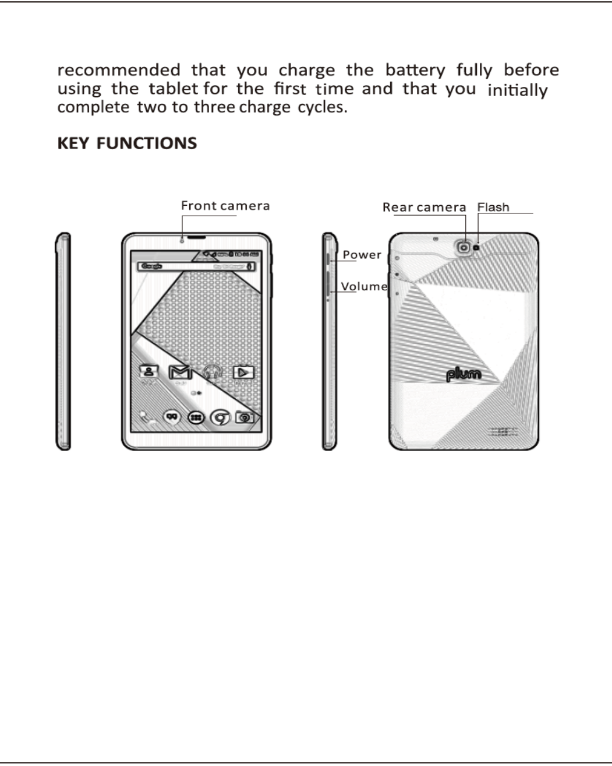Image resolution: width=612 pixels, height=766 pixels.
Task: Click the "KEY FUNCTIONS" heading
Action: (x=127, y=143)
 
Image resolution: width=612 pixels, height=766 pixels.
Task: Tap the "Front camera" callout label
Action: (x=225, y=206)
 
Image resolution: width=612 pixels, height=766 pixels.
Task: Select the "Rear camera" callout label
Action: (x=424, y=208)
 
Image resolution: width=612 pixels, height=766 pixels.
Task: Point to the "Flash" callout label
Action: (x=493, y=208)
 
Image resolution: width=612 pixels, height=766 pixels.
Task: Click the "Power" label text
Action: (x=362, y=255)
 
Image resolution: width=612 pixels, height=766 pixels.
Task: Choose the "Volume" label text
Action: (x=365, y=286)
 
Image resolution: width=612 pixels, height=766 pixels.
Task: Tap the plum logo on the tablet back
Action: (x=464, y=374)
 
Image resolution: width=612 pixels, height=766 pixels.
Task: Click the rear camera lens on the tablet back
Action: (x=464, y=247)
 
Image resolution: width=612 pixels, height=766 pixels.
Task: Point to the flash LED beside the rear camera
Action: (x=477, y=247)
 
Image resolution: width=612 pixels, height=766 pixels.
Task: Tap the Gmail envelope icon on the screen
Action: (x=180, y=372)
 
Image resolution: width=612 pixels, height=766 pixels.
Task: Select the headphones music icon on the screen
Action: (x=213, y=372)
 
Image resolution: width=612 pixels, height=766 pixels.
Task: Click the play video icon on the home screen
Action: (x=244, y=372)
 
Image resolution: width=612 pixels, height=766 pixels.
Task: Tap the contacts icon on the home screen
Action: (x=149, y=372)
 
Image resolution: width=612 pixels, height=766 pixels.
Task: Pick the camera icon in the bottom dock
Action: (x=245, y=417)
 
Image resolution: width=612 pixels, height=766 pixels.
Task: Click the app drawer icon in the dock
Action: (x=196, y=417)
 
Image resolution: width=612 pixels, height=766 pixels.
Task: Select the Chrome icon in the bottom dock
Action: (x=220, y=417)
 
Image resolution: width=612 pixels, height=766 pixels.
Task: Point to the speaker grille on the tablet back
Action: (x=504, y=433)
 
